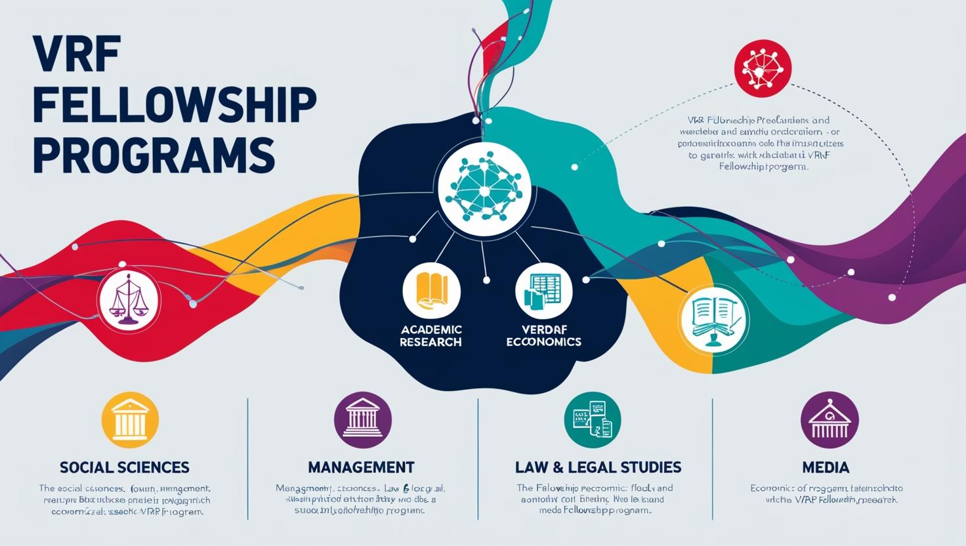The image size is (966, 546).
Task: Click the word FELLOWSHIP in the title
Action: point(174,106)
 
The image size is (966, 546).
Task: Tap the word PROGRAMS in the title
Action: point(154,154)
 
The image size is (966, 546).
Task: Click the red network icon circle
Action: point(763,68)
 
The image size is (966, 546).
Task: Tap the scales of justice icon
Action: point(128,301)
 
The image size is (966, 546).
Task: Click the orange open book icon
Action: point(431,291)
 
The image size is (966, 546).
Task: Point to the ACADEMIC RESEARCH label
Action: point(430,335)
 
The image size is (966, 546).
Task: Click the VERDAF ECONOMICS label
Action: point(543,335)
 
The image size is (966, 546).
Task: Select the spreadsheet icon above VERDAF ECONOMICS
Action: point(543,291)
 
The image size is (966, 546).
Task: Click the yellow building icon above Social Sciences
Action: point(131,421)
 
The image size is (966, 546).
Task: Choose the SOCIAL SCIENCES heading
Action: point(124,467)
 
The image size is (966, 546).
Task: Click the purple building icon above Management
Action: point(362,421)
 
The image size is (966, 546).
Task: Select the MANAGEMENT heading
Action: point(361,467)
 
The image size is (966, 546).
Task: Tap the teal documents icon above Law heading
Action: point(593,421)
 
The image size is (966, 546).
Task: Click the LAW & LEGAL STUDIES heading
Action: point(598,467)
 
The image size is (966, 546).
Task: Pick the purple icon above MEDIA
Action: point(829,421)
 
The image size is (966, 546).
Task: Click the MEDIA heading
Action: point(826,467)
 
